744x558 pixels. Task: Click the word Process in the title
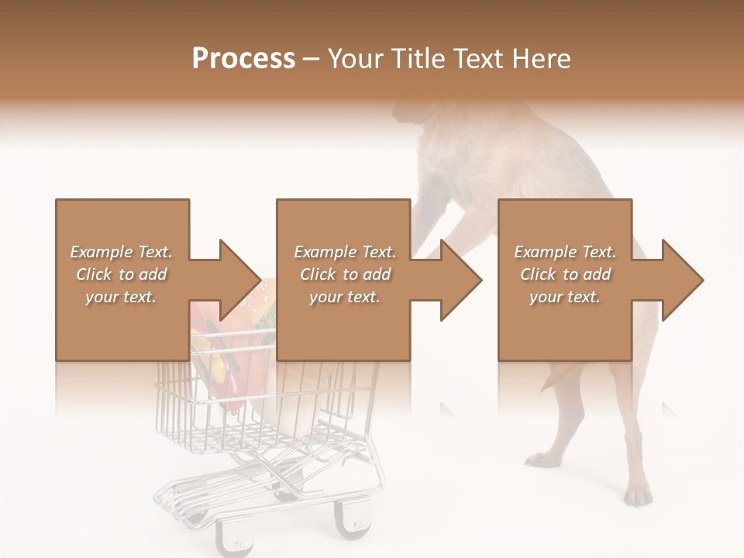click(x=243, y=59)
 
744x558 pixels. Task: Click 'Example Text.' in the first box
click(x=122, y=252)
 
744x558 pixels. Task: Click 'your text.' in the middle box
click(x=344, y=297)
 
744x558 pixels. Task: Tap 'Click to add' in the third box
click(x=565, y=274)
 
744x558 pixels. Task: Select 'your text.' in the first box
click(x=122, y=297)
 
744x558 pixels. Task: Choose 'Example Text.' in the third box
click(x=565, y=252)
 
